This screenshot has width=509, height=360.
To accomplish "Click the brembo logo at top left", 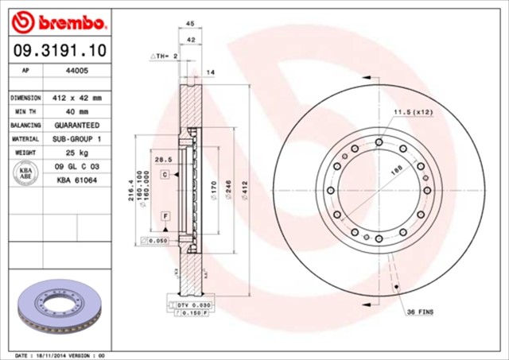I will (55, 20).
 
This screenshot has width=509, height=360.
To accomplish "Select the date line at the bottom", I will (60, 354).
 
